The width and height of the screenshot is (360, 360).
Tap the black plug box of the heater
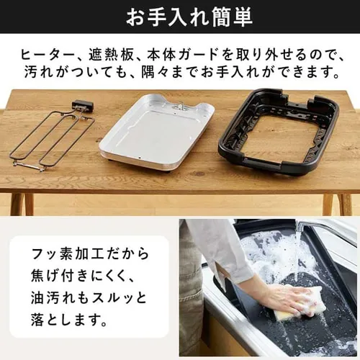pyautogui.click(x=82, y=106)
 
